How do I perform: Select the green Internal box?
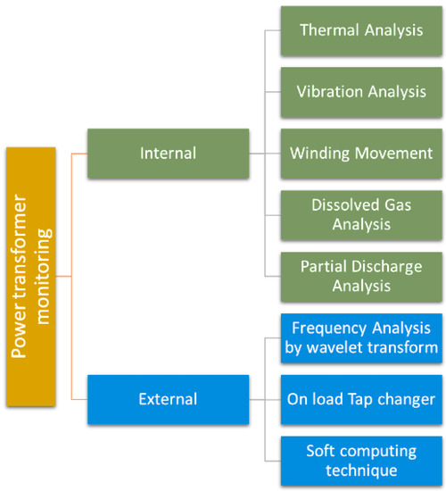click(x=168, y=154)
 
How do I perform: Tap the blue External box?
click(x=168, y=399)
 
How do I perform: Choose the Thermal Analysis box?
click(x=361, y=31)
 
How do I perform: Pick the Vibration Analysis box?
click(x=361, y=92)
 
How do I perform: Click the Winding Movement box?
click(x=361, y=153)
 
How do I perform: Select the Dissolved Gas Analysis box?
click(x=361, y=214)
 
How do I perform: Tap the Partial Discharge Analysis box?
click(x=361, y=276)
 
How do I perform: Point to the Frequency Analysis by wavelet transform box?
click(x=361, y=337)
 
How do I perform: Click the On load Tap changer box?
click(x=361, y=399)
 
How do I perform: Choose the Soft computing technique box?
click(x=361, y=461)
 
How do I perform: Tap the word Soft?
click(x=322, y=451)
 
